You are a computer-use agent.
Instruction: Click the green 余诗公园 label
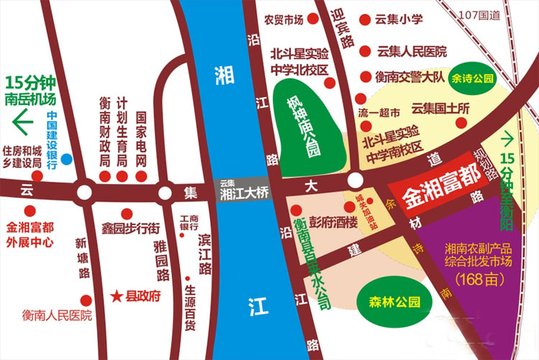pos(471,76)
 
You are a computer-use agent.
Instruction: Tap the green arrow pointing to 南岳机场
pos(22,123)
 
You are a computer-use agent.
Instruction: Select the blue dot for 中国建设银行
pos(66,158)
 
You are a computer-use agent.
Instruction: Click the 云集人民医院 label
pos(412,51)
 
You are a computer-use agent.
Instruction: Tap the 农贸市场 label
pos(283,19)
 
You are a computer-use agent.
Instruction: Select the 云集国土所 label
pos(439,109)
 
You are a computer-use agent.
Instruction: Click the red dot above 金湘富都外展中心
pos(29,211)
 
